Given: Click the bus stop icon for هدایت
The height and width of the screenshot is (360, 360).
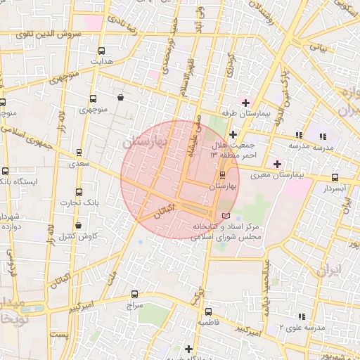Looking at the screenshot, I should point(101,51).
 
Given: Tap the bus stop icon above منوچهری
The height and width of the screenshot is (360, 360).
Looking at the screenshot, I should point(94,98).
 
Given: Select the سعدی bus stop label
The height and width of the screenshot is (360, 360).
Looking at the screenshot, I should point(79,163).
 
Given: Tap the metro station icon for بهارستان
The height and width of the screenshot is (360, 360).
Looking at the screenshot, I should point(222,174).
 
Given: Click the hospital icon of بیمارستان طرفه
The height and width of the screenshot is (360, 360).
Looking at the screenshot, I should point(245,103).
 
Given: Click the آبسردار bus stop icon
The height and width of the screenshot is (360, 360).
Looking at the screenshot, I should point(335,178).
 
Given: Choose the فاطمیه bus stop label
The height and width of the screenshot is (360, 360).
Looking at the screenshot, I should point(208,322).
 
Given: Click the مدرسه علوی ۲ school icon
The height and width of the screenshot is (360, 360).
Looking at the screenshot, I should point(302,317).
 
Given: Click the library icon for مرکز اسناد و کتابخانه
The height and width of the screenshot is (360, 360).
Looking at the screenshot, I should point(225,215).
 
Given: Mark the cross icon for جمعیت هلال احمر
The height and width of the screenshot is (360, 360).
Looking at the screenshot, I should point(233,134).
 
